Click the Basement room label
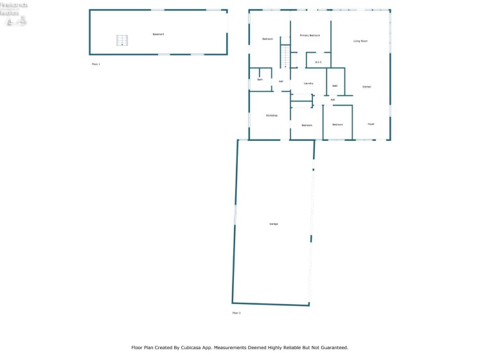(x=158, y=34)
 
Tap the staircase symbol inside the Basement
(x=122, y=40)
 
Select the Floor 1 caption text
(x=96, y=64)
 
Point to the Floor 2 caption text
(x=236, y=313)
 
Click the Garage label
(x=274, y=224)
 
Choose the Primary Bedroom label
(x=310, y=35)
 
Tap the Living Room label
(x=360, y=41)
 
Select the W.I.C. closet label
(x=317, y=62)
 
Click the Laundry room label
(x=308, y=84)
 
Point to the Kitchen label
(x=366, y=87)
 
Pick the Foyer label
(x=371, y=124)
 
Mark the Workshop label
(x=272, y=115)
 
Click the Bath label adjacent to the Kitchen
(x=335, y=85)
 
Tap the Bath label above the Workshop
(x=260, y=80)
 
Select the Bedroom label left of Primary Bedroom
(x=267, y=39)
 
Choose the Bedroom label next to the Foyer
(x=337, y=125)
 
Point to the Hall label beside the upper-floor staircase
(x=281, y=82)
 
